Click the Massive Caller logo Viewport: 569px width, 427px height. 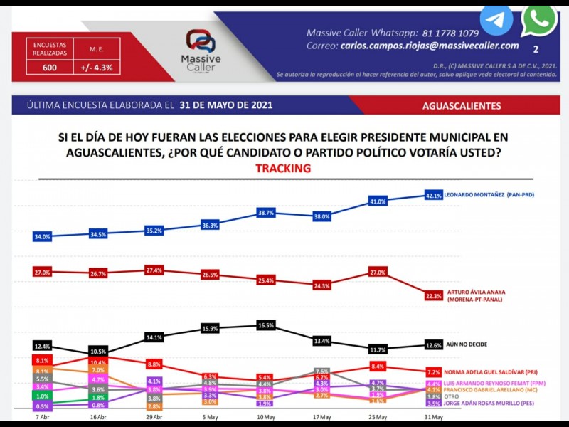pos(201,48)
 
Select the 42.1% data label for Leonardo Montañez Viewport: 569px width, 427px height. pos(434,195)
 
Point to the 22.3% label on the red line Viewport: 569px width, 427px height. pos(434,295)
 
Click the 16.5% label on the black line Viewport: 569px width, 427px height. pos(265,325)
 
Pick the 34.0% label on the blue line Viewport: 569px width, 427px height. pos(42,237)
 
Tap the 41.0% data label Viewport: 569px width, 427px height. pos(377,202)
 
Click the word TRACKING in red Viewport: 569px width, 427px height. pos(283,169)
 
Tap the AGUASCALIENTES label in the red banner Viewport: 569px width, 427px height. pos(462,106)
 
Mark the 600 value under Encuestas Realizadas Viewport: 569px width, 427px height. pos(50,68)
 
